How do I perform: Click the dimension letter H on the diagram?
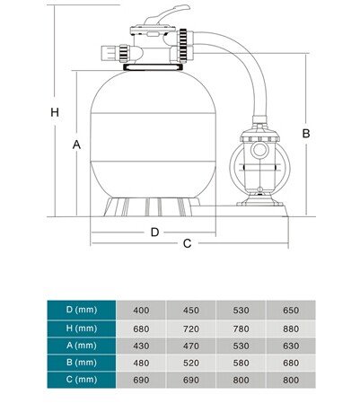tap(54, 113)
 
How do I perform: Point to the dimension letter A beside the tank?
tap(77, 145)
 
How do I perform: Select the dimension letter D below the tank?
tap(154, 232)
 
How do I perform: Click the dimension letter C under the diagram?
tap(187, 243)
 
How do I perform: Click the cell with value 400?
tap(141, 310)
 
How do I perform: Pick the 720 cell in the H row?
tap(191, 328)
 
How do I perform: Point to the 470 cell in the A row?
tap(191, 346)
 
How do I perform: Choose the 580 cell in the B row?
tap(241, 364)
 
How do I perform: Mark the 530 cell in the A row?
tap(241, 346)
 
